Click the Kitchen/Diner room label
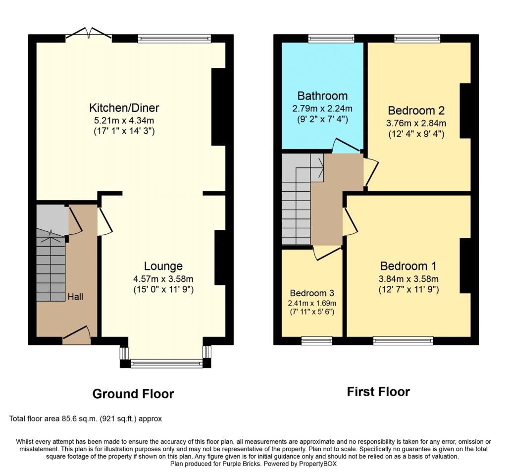[x=124, y=107]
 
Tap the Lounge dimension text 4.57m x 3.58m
[x=163, y=279]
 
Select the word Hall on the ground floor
[x=75, y=297]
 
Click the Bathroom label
[x=322, y=96]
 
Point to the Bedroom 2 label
[x=416, y=110]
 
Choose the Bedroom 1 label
[x=408, y=266]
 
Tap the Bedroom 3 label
[x=312, y=293]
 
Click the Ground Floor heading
[x=133, y=394]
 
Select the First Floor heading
[x=378, y=392]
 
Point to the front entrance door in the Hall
[x=77, y=335]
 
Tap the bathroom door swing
[x=347, y=146]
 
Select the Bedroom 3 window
[x=317, y=340]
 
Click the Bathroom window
[x=331, y=39]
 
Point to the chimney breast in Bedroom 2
[x=465, y=111]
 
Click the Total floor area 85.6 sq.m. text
[x=85, y=419]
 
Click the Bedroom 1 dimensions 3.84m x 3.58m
[x=408, y=279]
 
